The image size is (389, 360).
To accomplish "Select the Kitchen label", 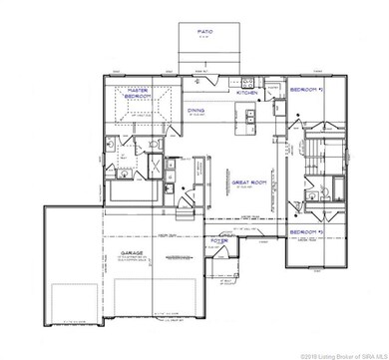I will click(x=246, y=92).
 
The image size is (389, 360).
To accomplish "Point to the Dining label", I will click(x=195, y=112).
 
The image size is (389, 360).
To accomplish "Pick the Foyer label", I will click(x=219, y=241).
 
